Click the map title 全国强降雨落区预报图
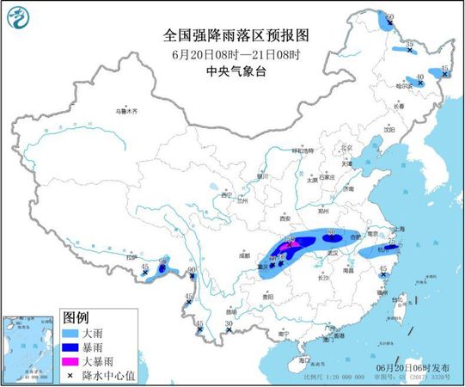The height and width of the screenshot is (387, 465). [x=235, y=35]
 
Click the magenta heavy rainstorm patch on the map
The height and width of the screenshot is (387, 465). [x=292, y=247]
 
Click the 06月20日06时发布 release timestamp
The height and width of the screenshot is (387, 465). [x=414, y=366]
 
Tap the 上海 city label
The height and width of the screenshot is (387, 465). [x=397, y=230]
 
